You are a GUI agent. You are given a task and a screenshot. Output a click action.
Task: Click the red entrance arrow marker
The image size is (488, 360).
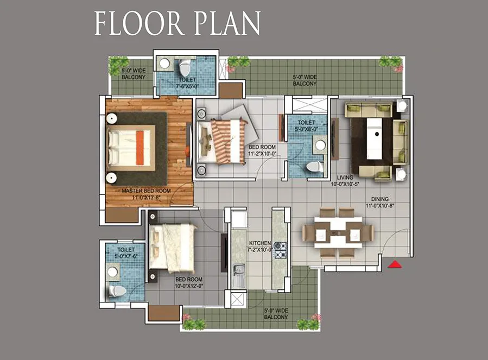(x=395, y=264)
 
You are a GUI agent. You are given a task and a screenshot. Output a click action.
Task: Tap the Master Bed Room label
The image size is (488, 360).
(x=146, y=191)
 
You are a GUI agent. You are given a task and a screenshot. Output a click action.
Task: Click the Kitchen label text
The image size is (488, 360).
(x=260, y=243)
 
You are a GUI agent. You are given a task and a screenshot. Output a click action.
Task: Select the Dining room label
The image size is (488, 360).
(x=379, y=199)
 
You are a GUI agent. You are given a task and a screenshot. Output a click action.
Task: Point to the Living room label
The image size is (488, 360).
(x=345, y=178)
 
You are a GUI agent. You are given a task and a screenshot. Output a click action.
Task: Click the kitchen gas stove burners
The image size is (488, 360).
(x=280, y=250)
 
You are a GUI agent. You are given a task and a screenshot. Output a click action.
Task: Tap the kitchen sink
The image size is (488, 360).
(x=239, y=276)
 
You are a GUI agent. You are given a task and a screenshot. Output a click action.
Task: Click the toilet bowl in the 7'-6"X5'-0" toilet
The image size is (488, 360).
(x=185, y=67)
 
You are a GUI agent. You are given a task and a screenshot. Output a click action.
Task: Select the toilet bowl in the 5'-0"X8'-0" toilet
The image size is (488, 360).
(x=314, y=167)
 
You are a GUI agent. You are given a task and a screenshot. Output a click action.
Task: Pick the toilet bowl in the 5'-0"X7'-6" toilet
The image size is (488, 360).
(x=117, y=291)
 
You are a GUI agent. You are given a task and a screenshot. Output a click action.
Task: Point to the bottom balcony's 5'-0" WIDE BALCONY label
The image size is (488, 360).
(x=276, y=314)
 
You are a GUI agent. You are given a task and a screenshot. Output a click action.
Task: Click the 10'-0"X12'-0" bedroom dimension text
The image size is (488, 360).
(x=189, y=286)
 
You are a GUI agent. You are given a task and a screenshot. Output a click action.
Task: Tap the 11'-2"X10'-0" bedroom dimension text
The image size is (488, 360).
(x=262, y=154)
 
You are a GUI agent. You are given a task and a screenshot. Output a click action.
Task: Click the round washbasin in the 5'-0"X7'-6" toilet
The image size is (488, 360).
(x=112, y=272)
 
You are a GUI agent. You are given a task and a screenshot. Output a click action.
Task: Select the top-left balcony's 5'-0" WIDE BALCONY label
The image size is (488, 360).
(x=134, y=74)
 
